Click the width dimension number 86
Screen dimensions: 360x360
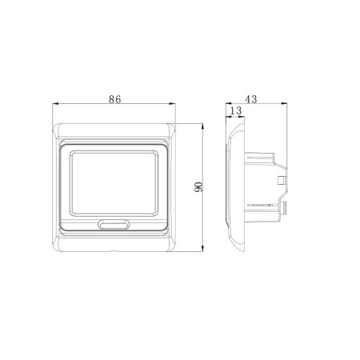pos(114,99)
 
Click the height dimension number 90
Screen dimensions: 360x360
pos(198,186)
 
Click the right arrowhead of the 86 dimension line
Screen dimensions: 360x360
pos(175,105)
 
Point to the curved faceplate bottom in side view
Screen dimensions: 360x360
pos(236,243)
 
